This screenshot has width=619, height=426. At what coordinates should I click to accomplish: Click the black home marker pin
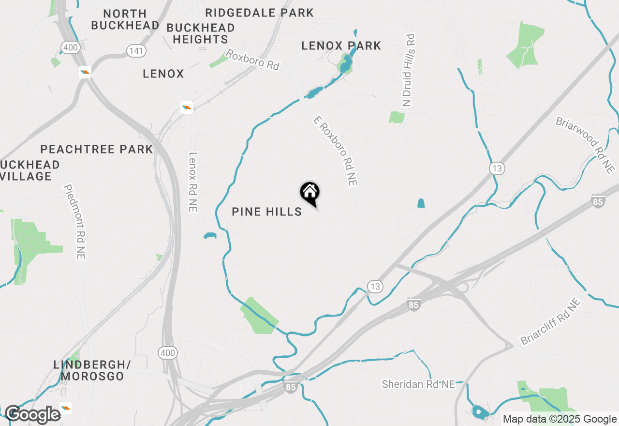click(310, 193)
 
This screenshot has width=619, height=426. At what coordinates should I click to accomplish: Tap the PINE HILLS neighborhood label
click(267, 212)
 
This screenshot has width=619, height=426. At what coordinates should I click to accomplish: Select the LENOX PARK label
click(341, 46)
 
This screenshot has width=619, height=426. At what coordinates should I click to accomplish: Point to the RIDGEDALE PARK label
click(259, 13)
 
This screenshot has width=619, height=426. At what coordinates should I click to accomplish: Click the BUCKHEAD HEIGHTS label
click(200, 33)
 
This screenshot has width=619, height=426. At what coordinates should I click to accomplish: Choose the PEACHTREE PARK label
click(97, 149)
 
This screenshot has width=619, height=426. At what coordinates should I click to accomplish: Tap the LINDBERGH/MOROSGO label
click(92, 370)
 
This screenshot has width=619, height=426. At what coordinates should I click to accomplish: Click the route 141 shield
click(134, 50)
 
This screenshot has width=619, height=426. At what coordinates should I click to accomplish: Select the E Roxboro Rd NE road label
click(335, 151)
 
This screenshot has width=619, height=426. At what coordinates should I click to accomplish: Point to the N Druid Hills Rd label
click(409, 71)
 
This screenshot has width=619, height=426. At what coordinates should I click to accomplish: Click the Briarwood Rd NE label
click(585, 145)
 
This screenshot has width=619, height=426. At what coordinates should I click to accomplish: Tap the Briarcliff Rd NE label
click(550, 321)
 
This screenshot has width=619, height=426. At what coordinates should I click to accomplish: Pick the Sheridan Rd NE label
click(418, 384)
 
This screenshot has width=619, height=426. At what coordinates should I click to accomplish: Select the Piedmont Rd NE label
click(74, 222)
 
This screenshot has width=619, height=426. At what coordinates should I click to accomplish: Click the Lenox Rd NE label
click(193, 182)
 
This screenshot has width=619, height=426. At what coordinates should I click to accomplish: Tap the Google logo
click(33, 415)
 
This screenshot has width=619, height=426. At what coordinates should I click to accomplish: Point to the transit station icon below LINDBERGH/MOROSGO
click(66, 408)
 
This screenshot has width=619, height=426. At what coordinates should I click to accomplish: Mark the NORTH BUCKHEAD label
click(125, 19)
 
